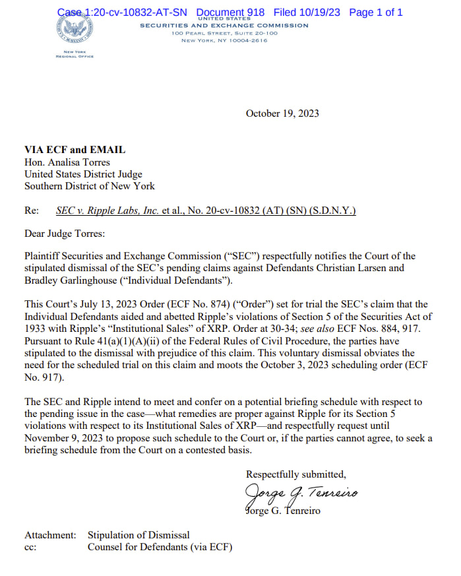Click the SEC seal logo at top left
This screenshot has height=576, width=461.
(x=74, y=30)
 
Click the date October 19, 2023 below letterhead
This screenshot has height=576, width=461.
(x=282, y=113)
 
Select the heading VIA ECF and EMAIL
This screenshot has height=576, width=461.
(x=75, y=150)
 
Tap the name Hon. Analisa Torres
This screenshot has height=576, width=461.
(x=67, y=162)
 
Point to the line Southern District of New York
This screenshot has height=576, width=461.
(x=90, y=186)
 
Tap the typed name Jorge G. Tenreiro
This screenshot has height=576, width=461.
(x=283, y=511)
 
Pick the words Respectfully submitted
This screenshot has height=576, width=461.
(x=295, y=474)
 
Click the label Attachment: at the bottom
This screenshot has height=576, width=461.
(x=50, y=534)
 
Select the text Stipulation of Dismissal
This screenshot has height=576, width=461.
(x=138, y=534)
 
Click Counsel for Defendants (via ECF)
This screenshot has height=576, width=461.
(x=160, y=547)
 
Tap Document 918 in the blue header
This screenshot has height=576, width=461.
(x=230, y=12)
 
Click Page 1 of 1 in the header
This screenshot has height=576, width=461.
(x=375, y=12)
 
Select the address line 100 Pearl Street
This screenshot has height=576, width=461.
(x=224, y=32)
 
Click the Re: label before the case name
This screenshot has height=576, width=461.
(x=31, y=210)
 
